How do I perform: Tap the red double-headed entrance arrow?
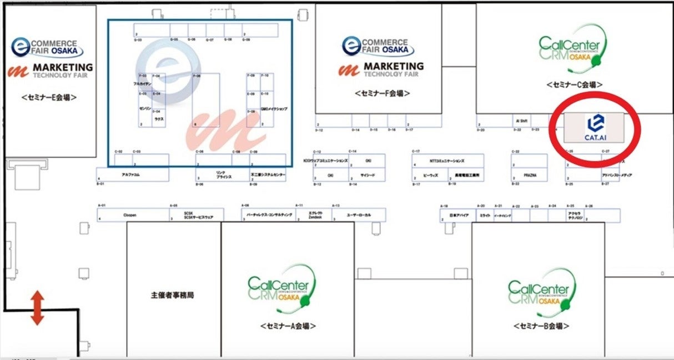37,308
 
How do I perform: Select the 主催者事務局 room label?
173,295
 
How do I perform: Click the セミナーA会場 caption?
288,326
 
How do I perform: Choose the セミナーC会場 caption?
574,84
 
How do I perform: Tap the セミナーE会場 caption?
49,97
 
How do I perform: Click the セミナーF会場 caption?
384,93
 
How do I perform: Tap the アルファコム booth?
132,174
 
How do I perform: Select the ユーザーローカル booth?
358,214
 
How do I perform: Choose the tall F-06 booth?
205,100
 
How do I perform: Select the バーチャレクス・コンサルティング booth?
267,214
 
